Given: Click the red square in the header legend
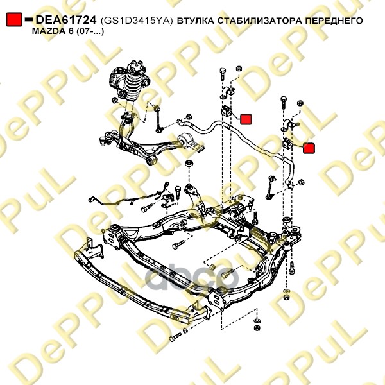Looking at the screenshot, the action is coord(14,19).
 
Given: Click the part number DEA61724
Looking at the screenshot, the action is coord(66,20).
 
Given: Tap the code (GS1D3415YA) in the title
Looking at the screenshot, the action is coord(137,21).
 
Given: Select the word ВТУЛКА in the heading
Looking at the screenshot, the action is coord(196,21).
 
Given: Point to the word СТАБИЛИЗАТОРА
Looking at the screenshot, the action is coord(260,21).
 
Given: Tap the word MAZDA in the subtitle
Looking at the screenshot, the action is coord(47,31).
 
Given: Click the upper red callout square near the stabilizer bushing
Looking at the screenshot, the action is coord(246,119).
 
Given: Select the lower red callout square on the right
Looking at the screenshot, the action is coord(309,148).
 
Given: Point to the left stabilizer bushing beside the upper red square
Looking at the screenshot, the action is coord(227,112).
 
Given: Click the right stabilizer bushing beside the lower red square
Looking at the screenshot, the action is coord(287,144).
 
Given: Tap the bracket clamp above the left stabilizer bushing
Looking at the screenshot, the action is coord(227,93).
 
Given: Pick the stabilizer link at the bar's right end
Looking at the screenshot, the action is coord(271,187).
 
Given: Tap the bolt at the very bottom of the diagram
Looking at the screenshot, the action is coord(175,337).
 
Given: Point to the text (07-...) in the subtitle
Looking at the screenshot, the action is coord(89,31).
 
